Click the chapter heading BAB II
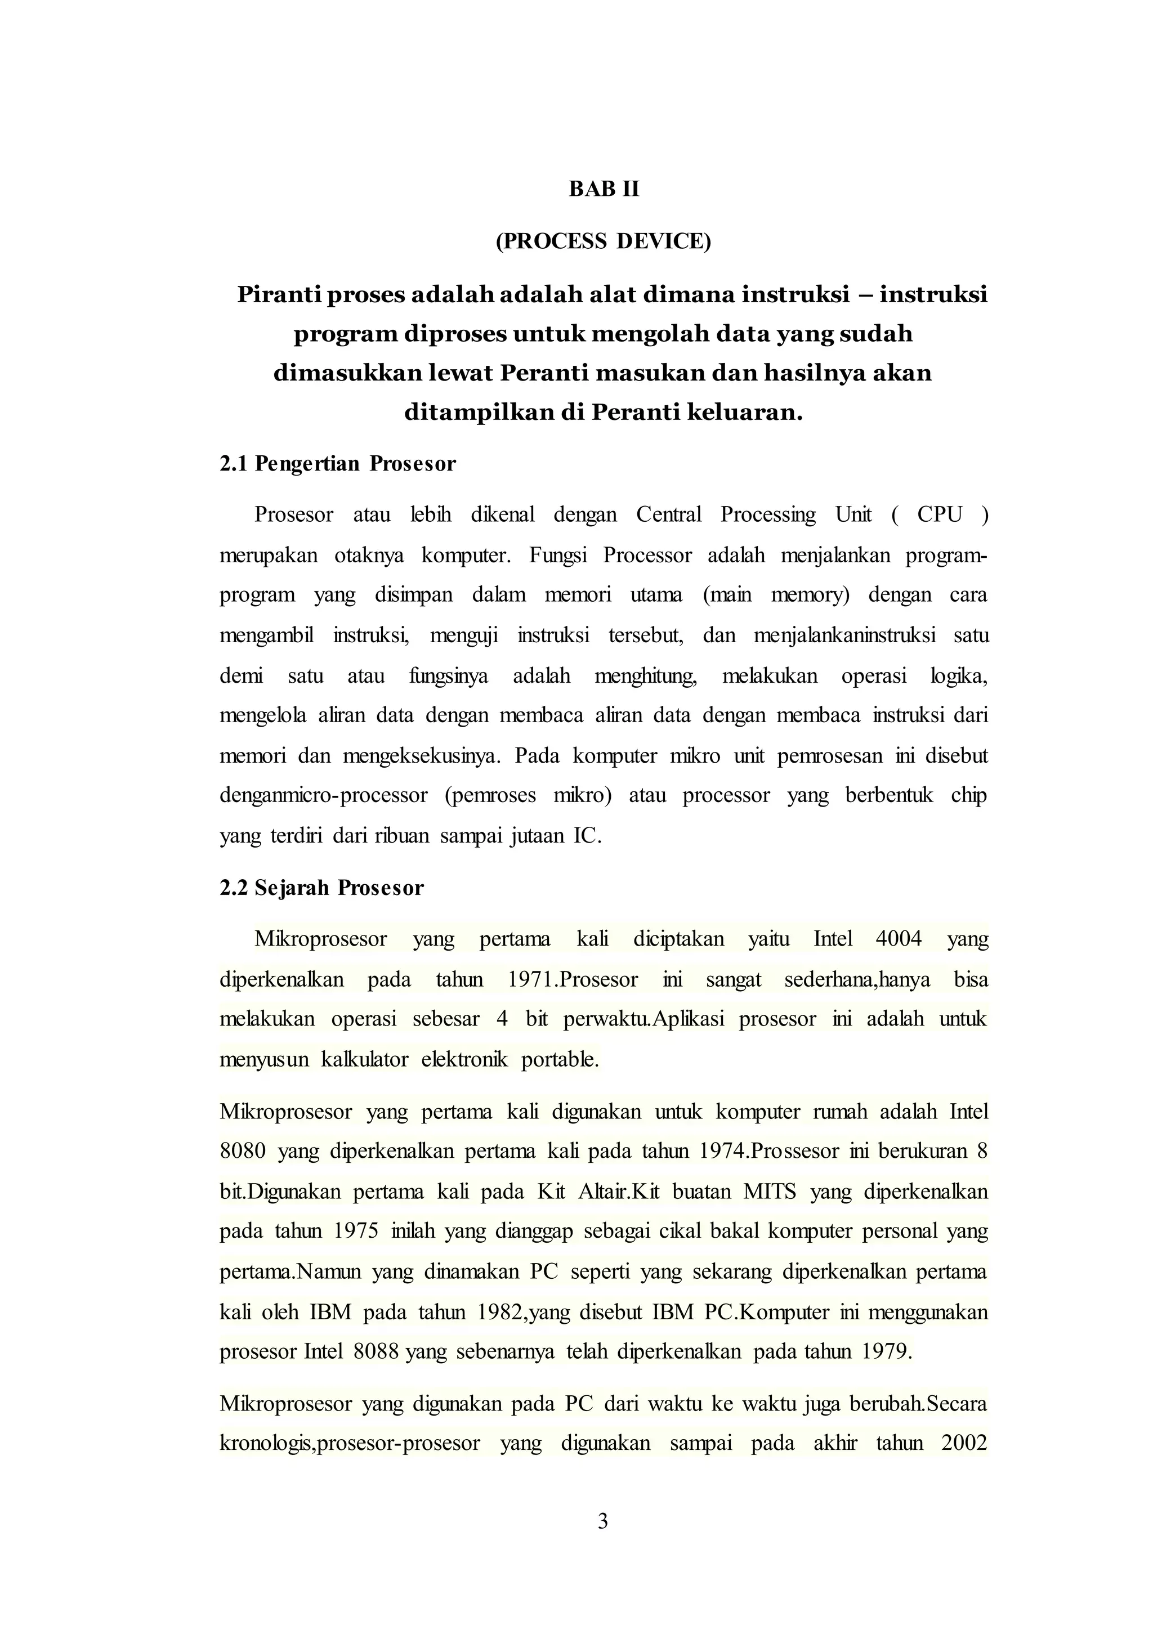point(604,190)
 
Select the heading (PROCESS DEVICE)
point(603,242)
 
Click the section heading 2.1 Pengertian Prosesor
point(337,464)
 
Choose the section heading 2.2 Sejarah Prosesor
point(321,888)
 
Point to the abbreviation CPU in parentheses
point(939,514)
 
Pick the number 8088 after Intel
point(376,1351)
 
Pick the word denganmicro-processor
point(323,795)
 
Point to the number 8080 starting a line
point(243,1150)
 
